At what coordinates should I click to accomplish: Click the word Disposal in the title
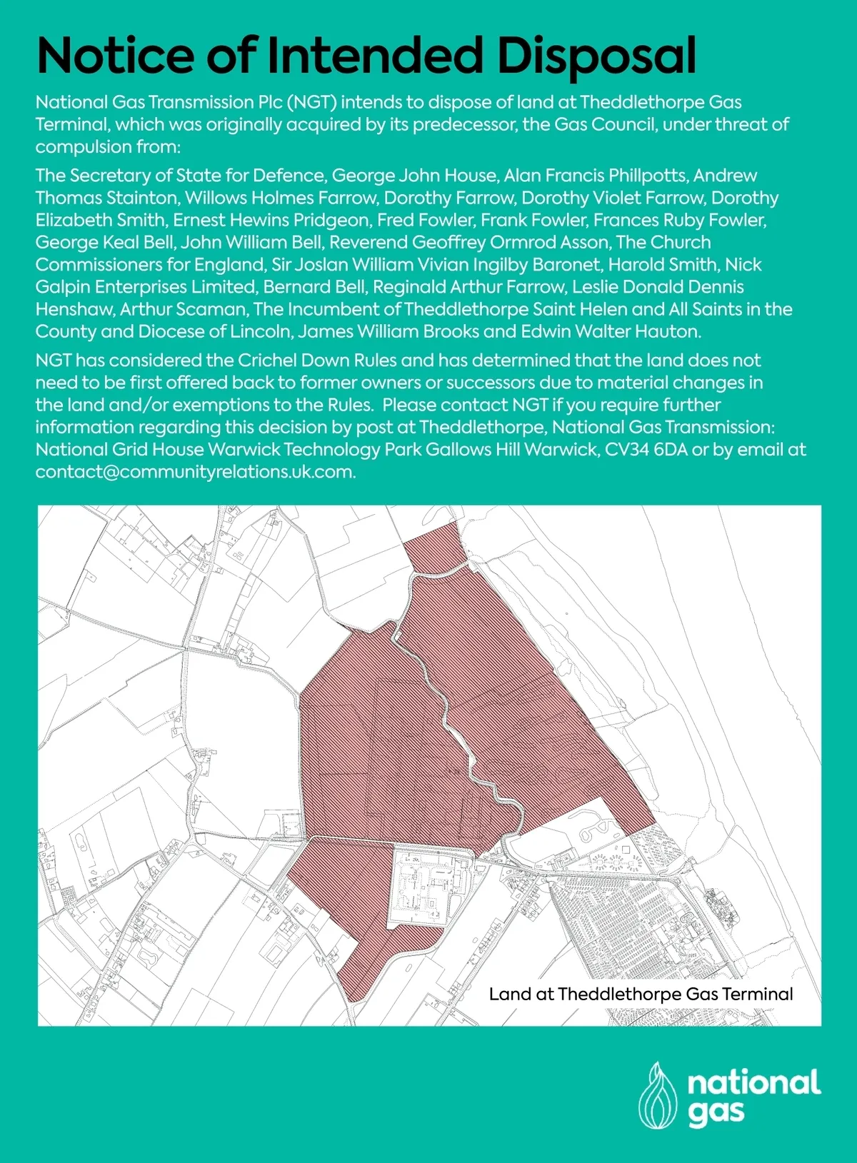(596, 56)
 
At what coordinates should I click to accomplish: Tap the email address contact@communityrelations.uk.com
(194, 472)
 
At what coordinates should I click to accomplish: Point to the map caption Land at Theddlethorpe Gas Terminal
(641, 994)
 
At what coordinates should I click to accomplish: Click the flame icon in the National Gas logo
(657, 1095)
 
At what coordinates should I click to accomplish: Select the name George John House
(414, 176)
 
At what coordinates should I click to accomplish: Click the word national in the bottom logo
(753, 1084)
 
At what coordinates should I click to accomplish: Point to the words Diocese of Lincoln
(214, 331)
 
